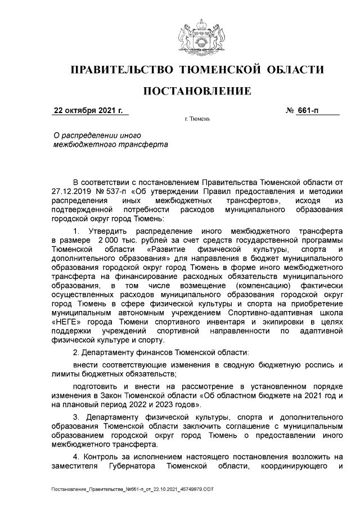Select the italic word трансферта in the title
tap(141, 145)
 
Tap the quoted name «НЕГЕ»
tap(64, 321)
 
